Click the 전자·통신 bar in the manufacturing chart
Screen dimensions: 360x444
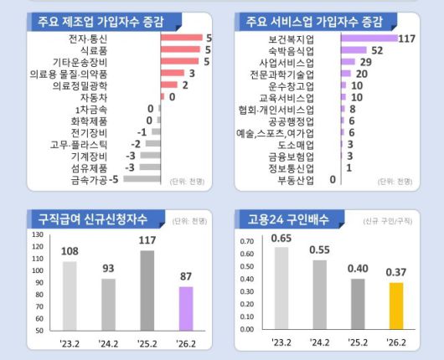pos(181,39)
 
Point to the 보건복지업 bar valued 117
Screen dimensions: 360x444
pos(369,39)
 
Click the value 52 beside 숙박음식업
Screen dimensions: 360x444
pos(377,50)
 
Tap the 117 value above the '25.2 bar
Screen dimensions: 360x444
pos(148,240)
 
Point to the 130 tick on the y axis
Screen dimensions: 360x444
pos(37,234)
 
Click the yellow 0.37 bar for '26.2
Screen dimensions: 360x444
pos(395,306)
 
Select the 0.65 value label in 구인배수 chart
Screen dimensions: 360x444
pos(281,238)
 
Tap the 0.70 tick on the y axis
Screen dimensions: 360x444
pos(246,240)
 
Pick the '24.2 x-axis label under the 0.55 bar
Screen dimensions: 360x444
pos(320,342)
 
